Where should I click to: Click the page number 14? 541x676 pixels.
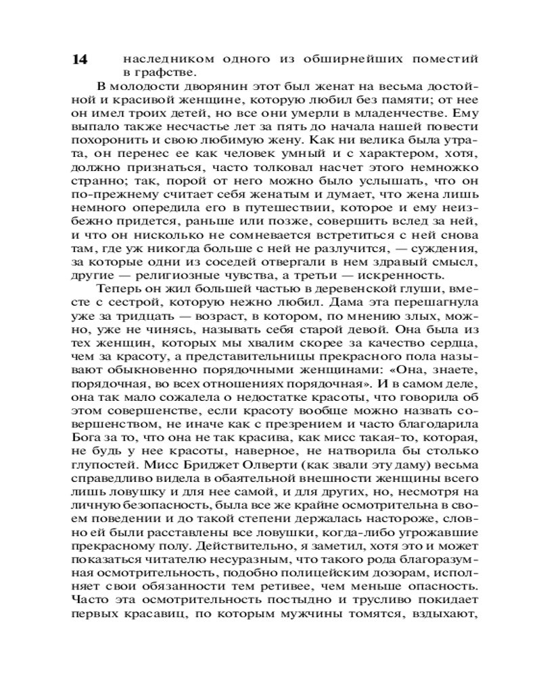click(x=80, y=59)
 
